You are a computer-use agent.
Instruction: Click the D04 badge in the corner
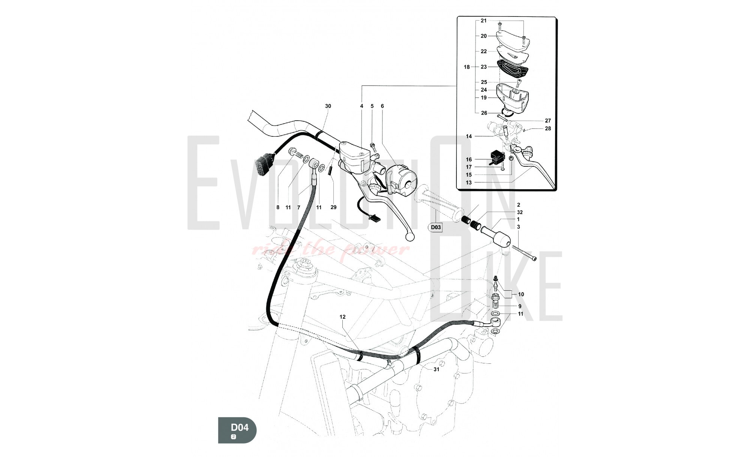point(237,430)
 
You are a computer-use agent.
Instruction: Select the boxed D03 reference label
point(436,227)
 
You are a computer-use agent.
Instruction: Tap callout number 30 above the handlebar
point(328,106)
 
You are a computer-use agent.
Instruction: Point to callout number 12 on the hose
point(343,317)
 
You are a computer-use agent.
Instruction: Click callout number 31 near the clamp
point(436,369)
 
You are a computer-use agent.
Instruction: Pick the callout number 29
point(333,207)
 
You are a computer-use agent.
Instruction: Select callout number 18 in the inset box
point(466,67)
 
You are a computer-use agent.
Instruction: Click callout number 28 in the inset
point(548,128)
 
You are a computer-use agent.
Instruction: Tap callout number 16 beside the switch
point(469,160)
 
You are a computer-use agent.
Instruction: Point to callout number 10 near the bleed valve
point(521,294)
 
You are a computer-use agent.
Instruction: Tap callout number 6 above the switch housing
point(382,106)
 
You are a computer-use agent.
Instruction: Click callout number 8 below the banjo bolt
point(278,207)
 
